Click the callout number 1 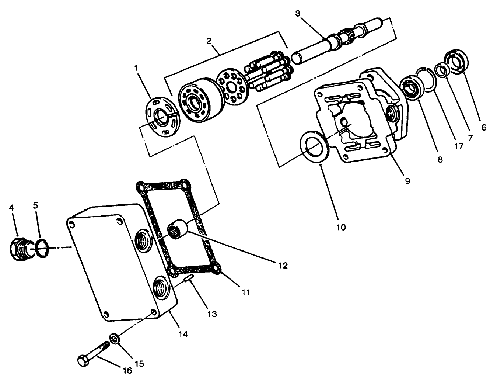click(x=136, y=68)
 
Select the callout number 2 click(x=209, y=41)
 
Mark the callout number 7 click(x=470, y=138)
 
